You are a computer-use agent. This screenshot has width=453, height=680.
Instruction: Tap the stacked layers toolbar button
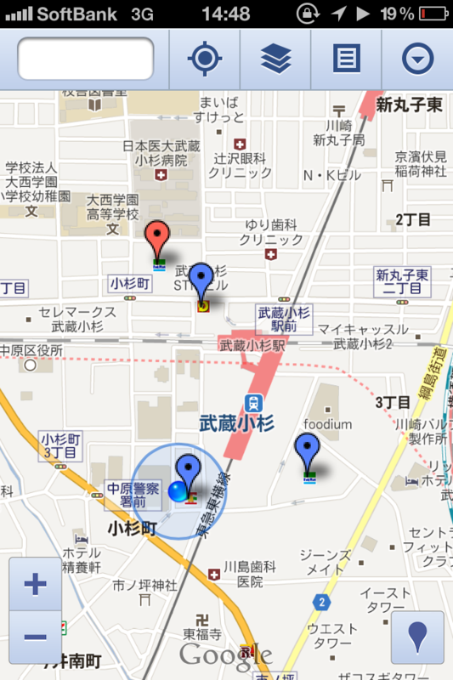point(275,59)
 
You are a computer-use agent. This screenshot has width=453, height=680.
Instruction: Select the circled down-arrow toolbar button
point(417,59)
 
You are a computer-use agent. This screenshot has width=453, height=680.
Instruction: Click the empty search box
point(85,59)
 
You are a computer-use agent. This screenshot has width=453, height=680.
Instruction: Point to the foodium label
point(328,424)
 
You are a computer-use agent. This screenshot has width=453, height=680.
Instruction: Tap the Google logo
point(225,655)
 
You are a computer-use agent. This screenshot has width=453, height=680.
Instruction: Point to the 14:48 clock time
point(226,14)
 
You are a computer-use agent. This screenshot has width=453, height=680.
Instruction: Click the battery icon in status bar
point(433,14)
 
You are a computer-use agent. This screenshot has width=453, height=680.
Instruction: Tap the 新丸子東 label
point(409,106)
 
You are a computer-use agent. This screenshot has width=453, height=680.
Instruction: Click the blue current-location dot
point(178,490)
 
